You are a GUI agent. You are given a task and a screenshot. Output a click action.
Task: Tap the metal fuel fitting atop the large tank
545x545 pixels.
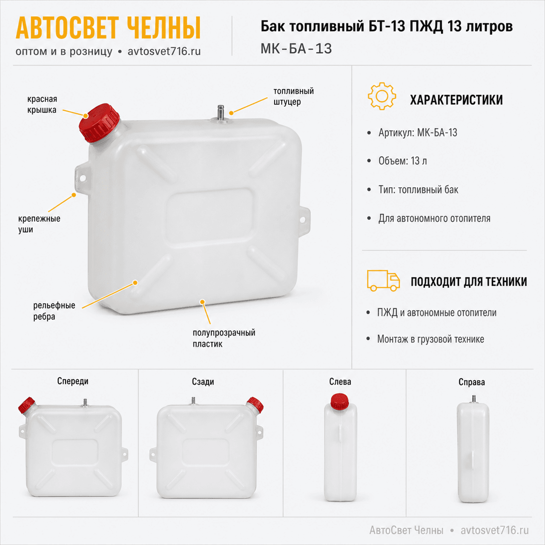click(x=221, y=114)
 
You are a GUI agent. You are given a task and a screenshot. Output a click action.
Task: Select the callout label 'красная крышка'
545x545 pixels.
click(x=42, y=104)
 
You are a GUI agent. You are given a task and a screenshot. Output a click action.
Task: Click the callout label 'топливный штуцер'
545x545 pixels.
click(x=293, y=97)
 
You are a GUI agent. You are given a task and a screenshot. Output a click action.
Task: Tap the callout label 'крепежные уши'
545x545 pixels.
click(x=39, y=224)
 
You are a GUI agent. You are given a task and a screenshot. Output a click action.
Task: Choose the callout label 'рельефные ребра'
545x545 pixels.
click(x=54, y=311)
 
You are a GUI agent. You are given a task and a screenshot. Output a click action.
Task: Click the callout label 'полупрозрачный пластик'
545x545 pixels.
click(x=224, y=338)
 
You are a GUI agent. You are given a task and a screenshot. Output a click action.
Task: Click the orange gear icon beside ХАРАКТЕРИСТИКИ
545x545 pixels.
click(x=382, y=96)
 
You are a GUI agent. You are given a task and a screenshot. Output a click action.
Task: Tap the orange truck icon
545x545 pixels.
click(x=383, y=281)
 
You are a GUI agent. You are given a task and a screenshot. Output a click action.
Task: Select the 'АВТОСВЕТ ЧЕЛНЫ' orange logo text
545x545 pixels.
click(x=108, y=28)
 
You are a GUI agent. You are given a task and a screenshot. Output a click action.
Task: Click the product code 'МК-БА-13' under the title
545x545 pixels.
click(x=296, y=49)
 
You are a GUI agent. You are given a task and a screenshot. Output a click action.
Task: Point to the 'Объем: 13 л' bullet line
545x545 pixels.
click(x=402, y=161)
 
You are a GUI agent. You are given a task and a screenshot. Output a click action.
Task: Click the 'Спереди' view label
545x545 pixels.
click(x=73, y=381)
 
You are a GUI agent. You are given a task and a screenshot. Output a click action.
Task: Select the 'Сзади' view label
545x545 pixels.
click(x=203, y=381)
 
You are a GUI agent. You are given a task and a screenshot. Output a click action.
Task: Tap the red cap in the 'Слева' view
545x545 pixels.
click(x=340, y=402)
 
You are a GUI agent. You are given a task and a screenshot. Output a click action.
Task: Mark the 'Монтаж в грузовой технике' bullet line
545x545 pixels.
click(x=430, y=339)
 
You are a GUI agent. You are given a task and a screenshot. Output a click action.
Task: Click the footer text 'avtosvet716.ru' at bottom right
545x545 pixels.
click(x=495, y=530)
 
